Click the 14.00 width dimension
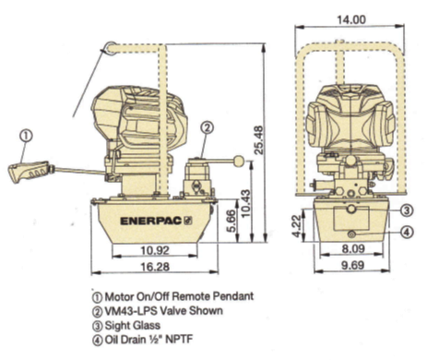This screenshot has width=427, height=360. point(351,20)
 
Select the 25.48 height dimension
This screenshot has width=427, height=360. point(259,139)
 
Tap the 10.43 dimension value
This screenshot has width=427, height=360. point(246,203)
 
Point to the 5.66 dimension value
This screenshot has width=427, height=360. point(232,221)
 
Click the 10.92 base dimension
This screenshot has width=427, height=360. point(155,250)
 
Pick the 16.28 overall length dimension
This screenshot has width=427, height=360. point(155,267)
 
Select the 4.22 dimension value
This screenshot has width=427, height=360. point(297,226)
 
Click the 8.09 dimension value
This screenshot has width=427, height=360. point(353,248)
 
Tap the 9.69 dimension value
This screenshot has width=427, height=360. point(352,265)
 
